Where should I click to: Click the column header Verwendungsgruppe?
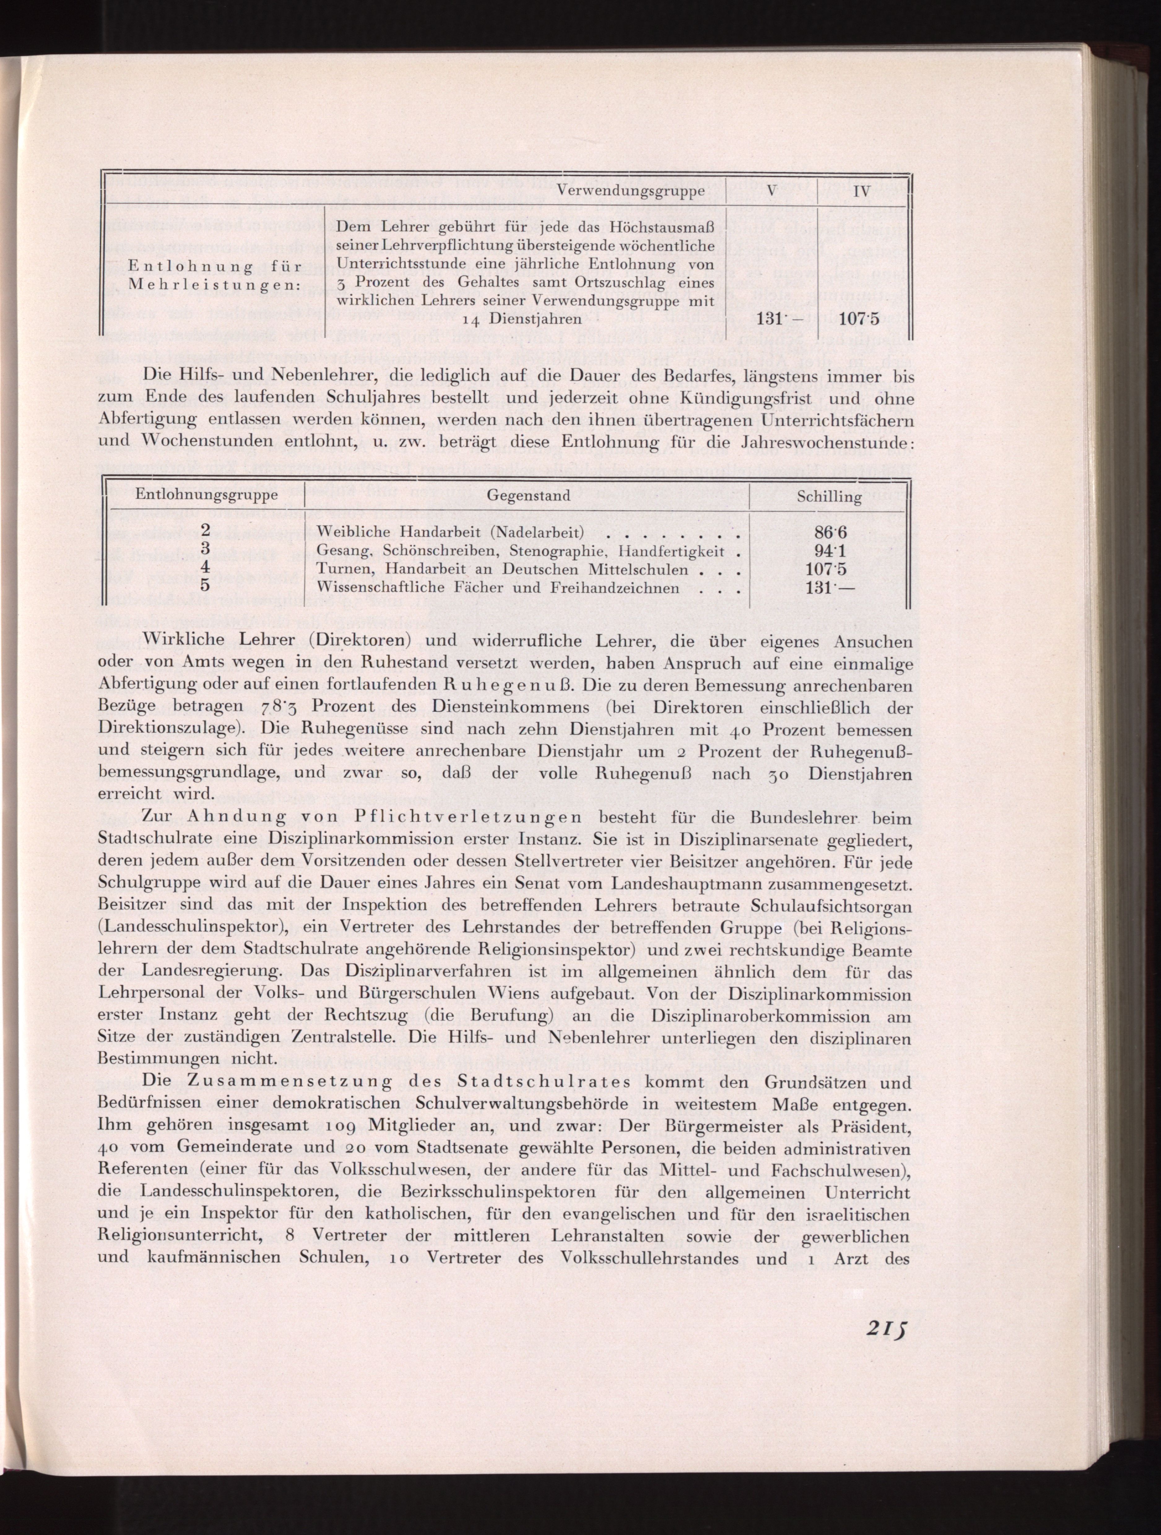click(x=631, y=190)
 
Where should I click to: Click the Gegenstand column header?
click(x=528, y=495)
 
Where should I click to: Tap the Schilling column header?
click(x=829, y=497)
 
